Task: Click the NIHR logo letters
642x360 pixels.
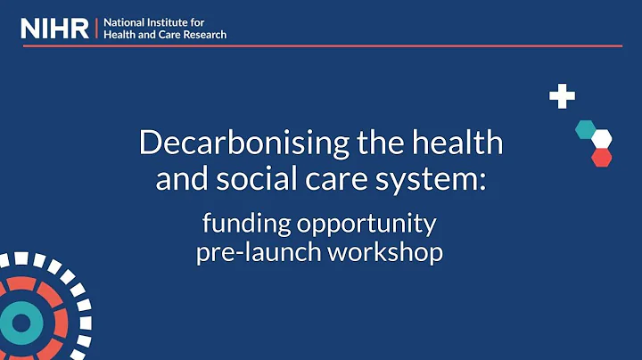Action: [55, 28]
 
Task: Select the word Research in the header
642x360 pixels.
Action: [202, 35]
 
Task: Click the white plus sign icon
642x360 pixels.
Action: [562, 96]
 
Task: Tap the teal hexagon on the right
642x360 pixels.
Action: [585, 129]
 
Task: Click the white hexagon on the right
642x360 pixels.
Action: [602, 139]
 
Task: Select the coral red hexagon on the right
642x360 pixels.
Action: [602, 157]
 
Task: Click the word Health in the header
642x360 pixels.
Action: [121, 35]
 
